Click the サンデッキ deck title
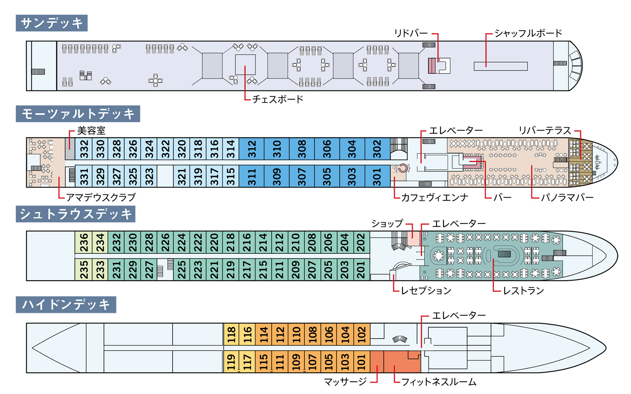coord(51,23)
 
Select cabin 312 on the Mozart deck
coord(252,149)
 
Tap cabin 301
coord(377,176)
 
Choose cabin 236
coord(83,242)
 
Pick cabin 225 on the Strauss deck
coord(181,270)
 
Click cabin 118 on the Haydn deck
coord(231,334)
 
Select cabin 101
coord(362,362)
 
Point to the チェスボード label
coord(278,99)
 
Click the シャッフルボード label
coord(528,33)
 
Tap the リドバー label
coord(411,33)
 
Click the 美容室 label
coord(91,130)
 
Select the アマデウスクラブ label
coord(101,197)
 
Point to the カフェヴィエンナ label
coord(435,198)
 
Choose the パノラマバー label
coord(567,198)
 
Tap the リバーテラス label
coord(545,130)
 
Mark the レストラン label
coord(524,290)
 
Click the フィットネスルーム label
coord(439,382)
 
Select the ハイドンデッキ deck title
coord(66,305)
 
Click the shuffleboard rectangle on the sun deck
coord(501,66)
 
